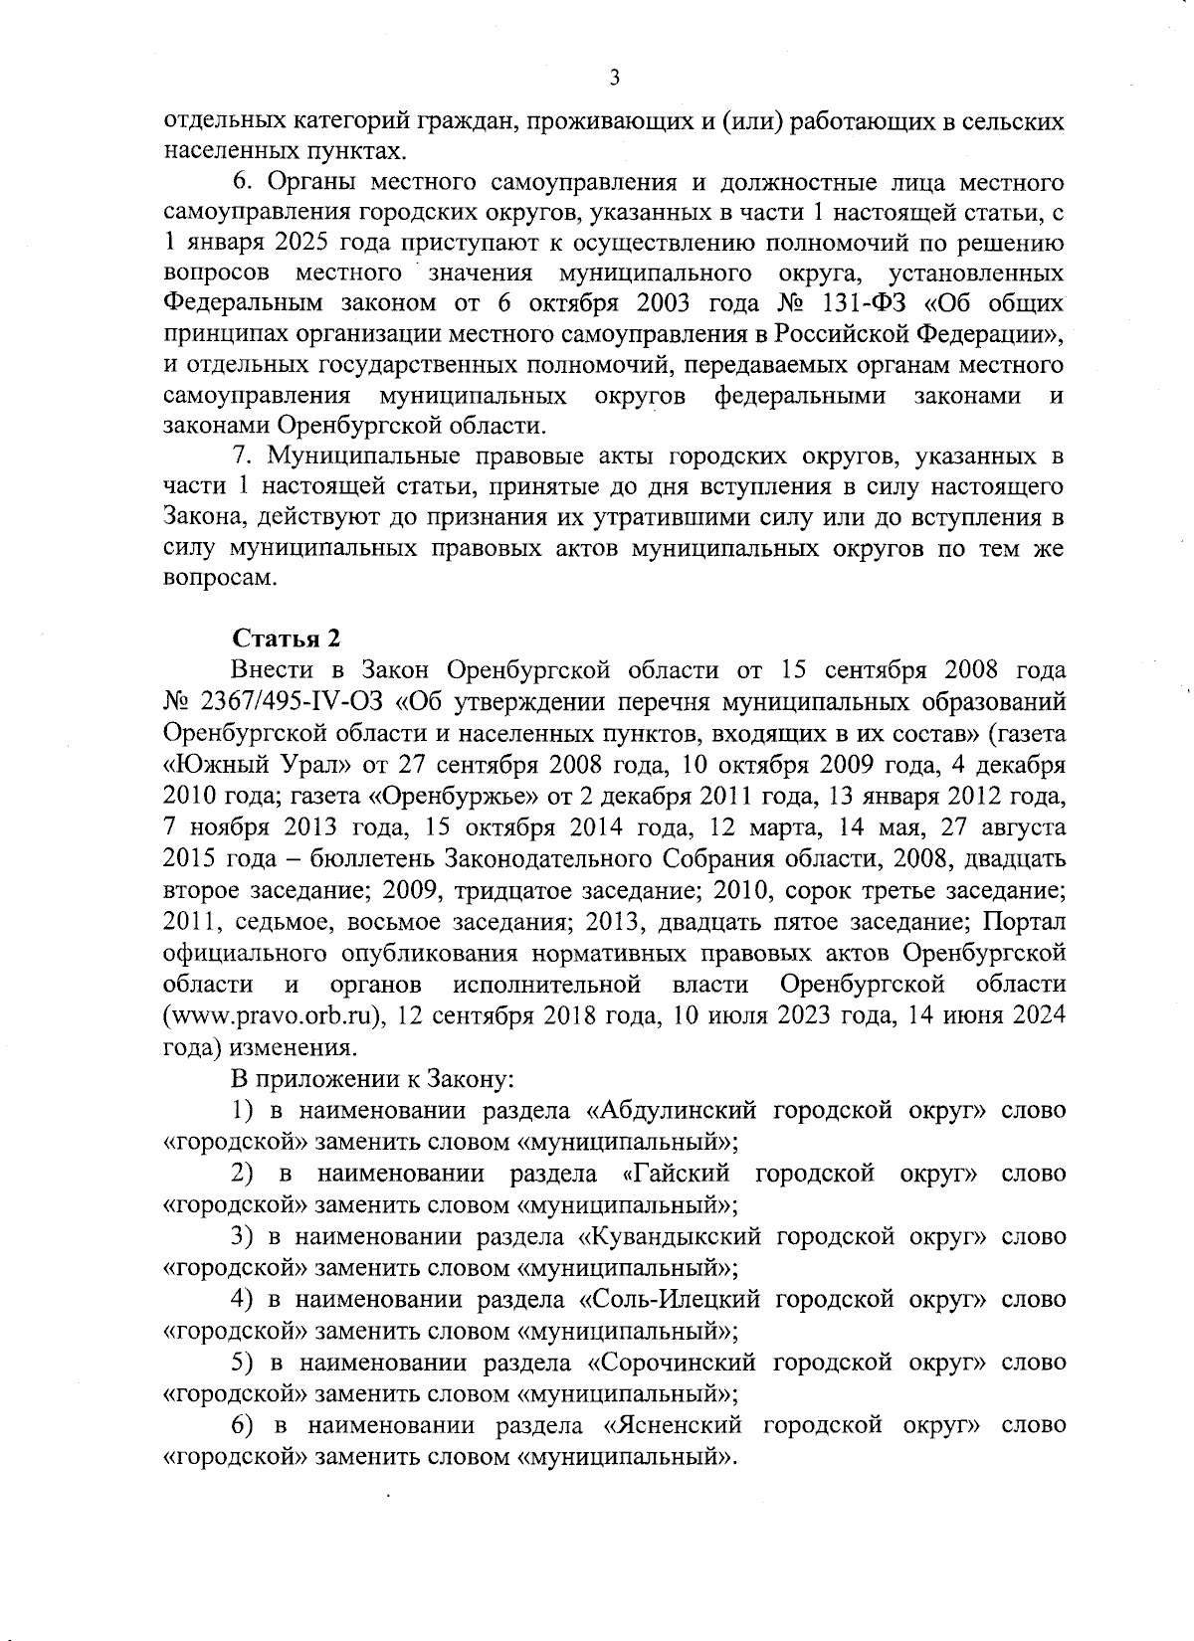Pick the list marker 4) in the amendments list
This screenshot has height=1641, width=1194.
pos(241,1299)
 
